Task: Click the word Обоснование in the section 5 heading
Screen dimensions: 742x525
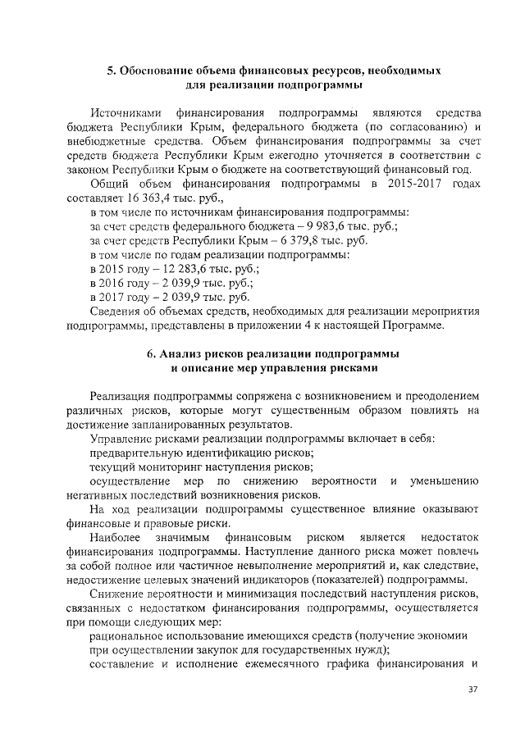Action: pyautogui.click(x=160, y=71)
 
